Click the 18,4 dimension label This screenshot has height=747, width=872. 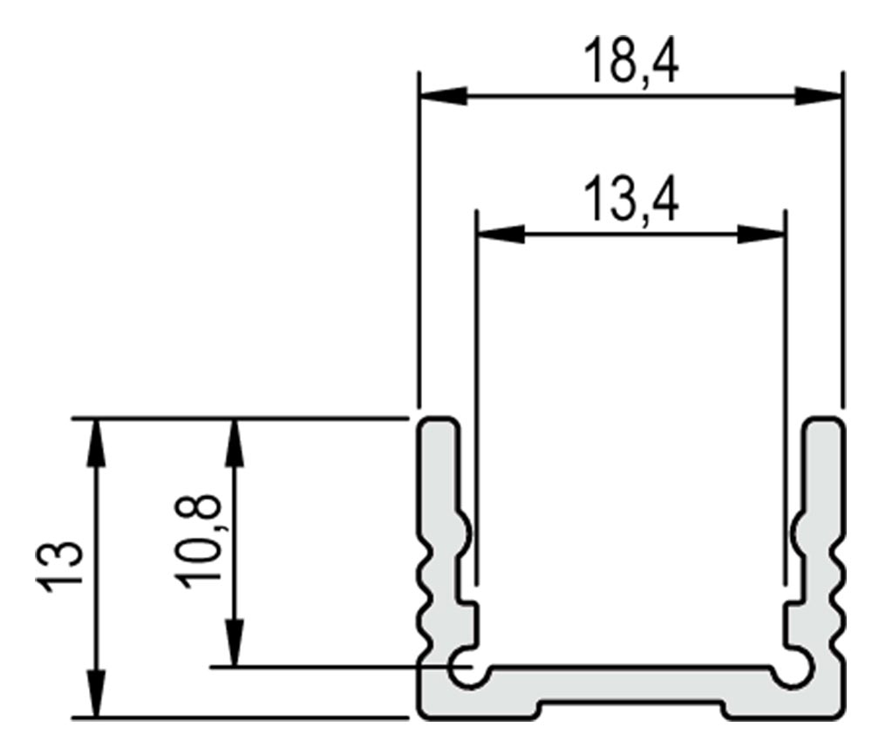coord(631,61)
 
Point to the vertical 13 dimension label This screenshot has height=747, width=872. coord(59,567)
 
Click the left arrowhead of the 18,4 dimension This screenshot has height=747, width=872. coord(443,96)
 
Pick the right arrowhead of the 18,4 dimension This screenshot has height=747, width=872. coord(818,96)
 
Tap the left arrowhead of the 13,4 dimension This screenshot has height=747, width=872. coord(501,234)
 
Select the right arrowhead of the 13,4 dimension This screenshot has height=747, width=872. coord(760,234)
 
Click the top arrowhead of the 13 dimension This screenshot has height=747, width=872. coord(97,441)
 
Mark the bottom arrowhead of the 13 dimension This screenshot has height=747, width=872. coord(97,694)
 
